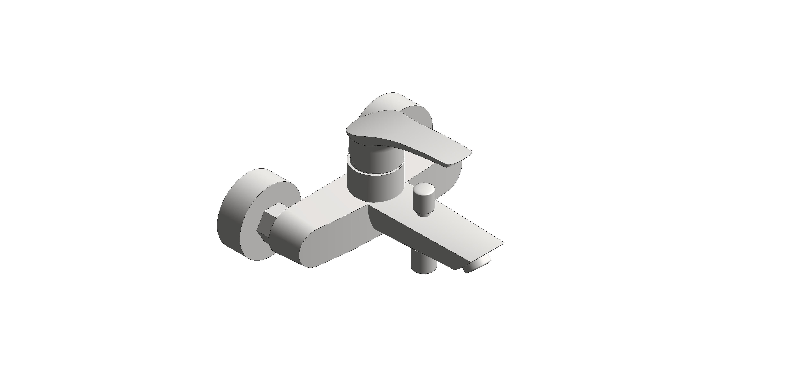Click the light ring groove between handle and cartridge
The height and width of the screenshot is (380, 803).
click(374, 172)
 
